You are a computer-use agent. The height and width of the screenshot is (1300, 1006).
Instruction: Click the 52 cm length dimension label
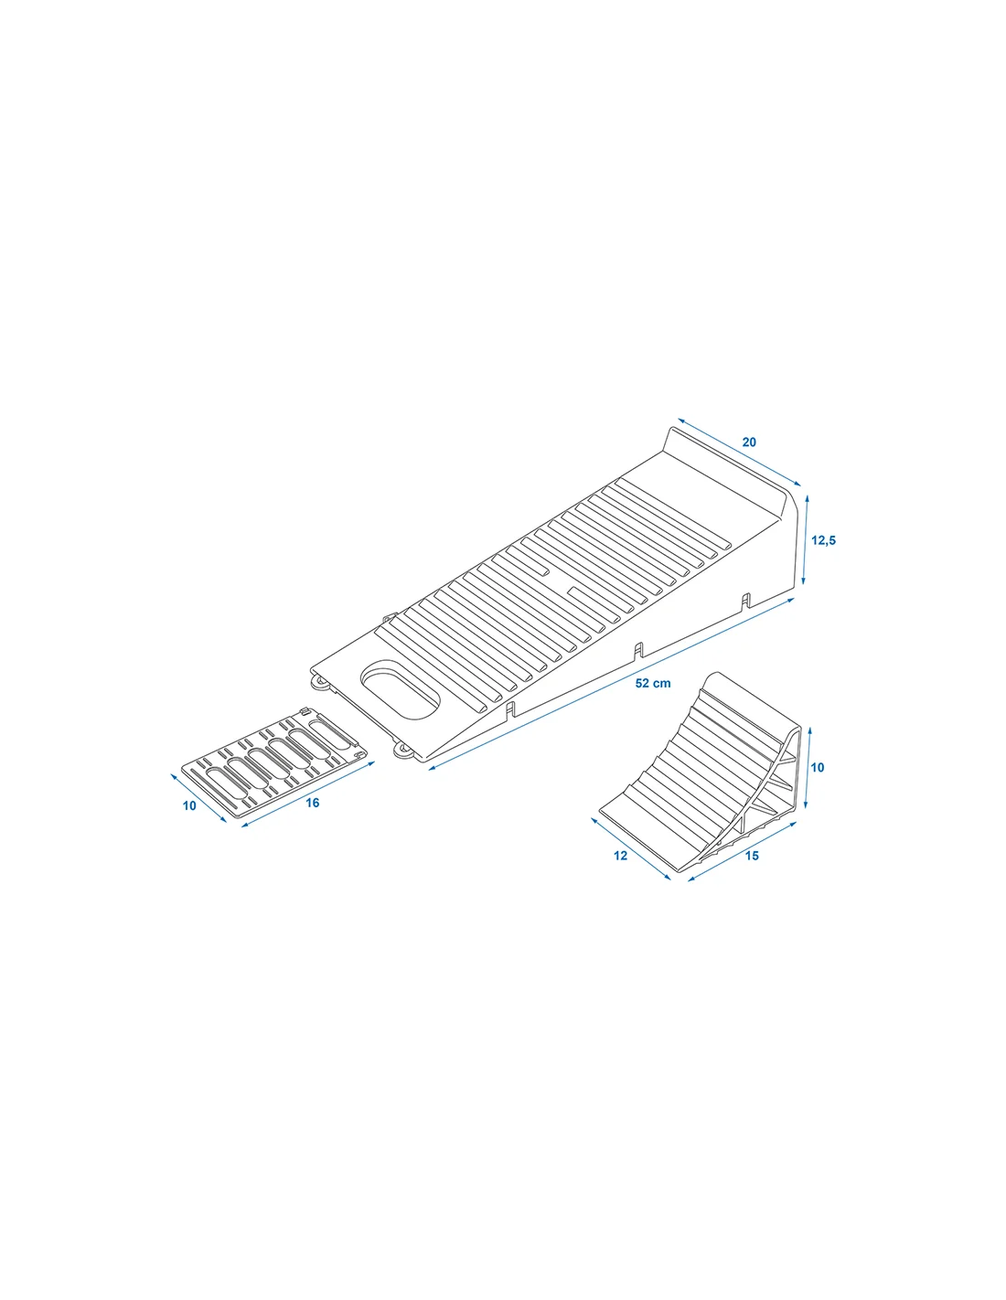(652, 683)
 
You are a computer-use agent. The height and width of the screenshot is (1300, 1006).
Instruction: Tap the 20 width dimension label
(749, 442)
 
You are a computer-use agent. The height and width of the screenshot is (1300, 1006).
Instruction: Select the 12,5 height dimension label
(823, 541)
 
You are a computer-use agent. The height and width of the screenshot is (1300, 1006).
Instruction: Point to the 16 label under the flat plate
(313, 803)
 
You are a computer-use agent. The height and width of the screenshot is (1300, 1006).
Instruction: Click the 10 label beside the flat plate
(189, 805)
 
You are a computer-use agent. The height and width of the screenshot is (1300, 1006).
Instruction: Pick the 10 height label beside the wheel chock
(817, 768)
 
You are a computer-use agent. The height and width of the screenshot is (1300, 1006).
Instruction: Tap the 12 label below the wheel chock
(621, 856)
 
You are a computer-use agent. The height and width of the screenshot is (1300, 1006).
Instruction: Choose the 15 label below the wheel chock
(752, 856)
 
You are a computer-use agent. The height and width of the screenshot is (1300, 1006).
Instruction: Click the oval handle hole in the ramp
(400, 690)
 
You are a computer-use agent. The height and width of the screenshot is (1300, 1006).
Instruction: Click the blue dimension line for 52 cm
(611, 684)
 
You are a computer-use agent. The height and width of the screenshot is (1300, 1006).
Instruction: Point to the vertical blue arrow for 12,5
(806, 539)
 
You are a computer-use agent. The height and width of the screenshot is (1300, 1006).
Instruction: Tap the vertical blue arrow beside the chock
(808, 768)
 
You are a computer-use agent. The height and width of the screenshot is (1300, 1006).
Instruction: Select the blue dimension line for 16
(308, 794)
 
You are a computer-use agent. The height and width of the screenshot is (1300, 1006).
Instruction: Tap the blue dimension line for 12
(631, 848)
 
